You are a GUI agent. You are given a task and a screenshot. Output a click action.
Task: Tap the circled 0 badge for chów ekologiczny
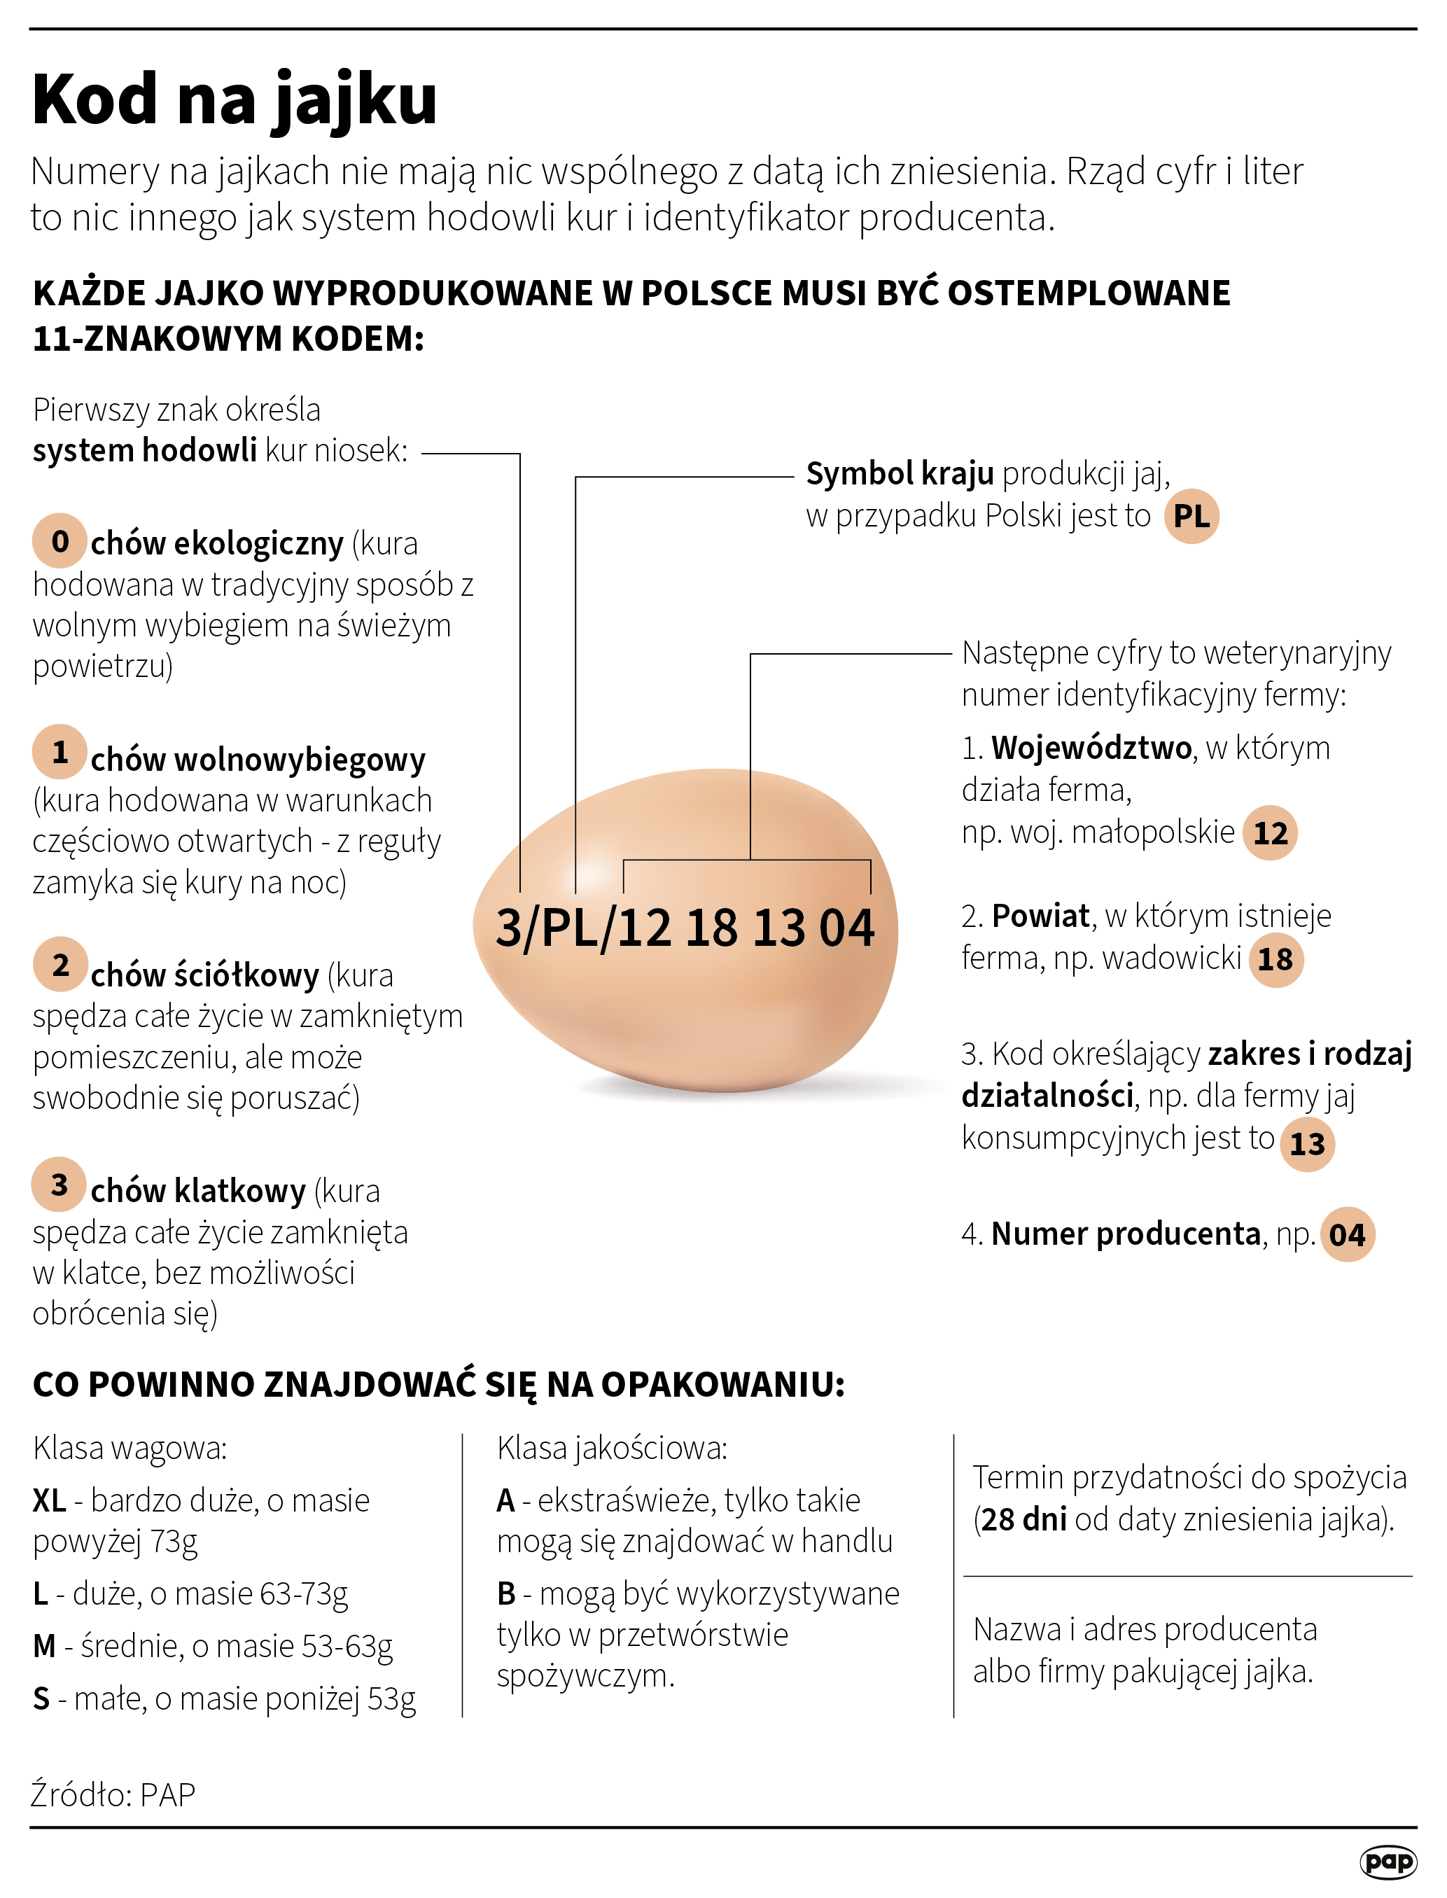coord(60,540)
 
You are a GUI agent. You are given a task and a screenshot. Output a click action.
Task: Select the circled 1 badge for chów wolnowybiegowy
coord(60,752)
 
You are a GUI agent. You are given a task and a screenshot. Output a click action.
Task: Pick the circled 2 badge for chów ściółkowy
coord(60,965)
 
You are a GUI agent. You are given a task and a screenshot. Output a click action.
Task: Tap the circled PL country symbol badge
coord(1191,517)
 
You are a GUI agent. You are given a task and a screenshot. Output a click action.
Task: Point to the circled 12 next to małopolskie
coord(1270,832)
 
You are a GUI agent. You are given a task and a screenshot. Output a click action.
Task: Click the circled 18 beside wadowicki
coord(1275,959)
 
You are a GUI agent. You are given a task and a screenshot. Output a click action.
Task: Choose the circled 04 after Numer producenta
coord(1347,1235)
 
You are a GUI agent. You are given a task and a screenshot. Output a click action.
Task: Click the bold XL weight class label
coord(49,1501)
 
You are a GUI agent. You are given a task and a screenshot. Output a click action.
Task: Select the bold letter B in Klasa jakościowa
coord(506,1594)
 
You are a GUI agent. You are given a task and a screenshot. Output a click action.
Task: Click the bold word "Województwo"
coord(1091,748)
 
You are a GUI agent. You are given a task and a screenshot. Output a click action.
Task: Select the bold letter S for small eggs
coord(41,1699)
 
